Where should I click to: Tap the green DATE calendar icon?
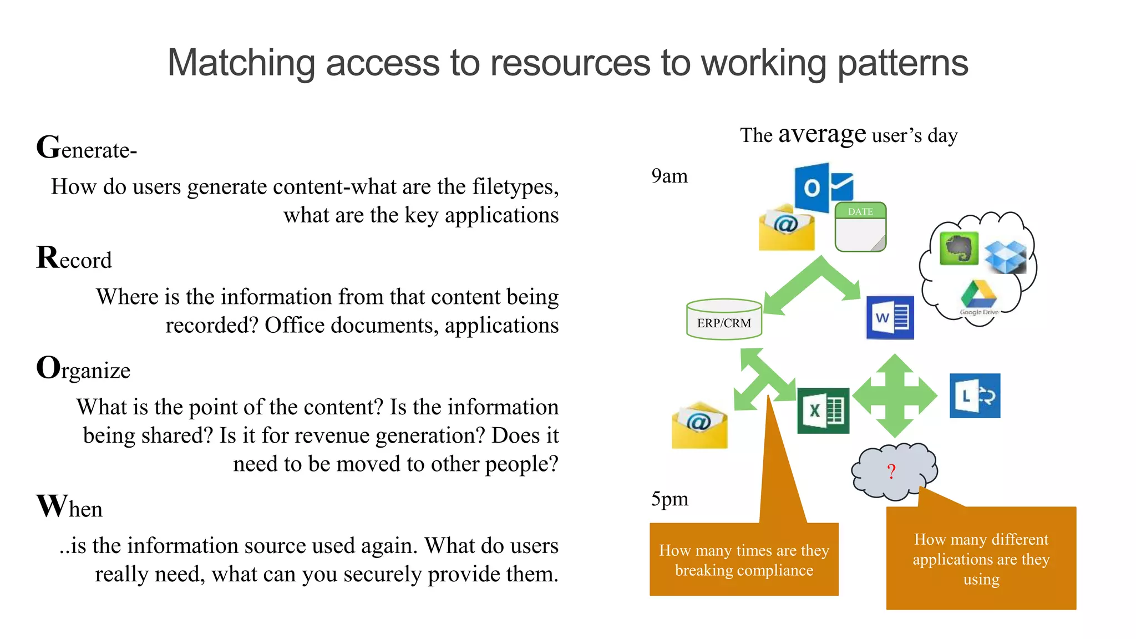(860, 227)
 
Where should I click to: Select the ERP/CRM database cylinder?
(724, 319)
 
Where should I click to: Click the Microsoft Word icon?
(890, 318)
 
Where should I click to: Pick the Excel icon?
(823, 410)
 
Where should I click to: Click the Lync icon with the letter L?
(975, 395)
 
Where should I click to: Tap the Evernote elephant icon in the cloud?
(959, 248)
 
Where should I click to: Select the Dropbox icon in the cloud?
(1005, 256)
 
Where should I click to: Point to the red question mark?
(891, 471)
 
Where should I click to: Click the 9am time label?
(669, 176)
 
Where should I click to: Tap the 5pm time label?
(670, 499)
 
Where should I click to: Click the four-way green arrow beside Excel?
(895, 396)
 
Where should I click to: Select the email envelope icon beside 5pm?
(699, 425)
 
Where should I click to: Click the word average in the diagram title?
(821, 135)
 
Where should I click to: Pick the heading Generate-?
(87, 149)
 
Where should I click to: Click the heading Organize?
(83, 369)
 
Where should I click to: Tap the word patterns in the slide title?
(902, 63)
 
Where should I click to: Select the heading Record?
(74, 258)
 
